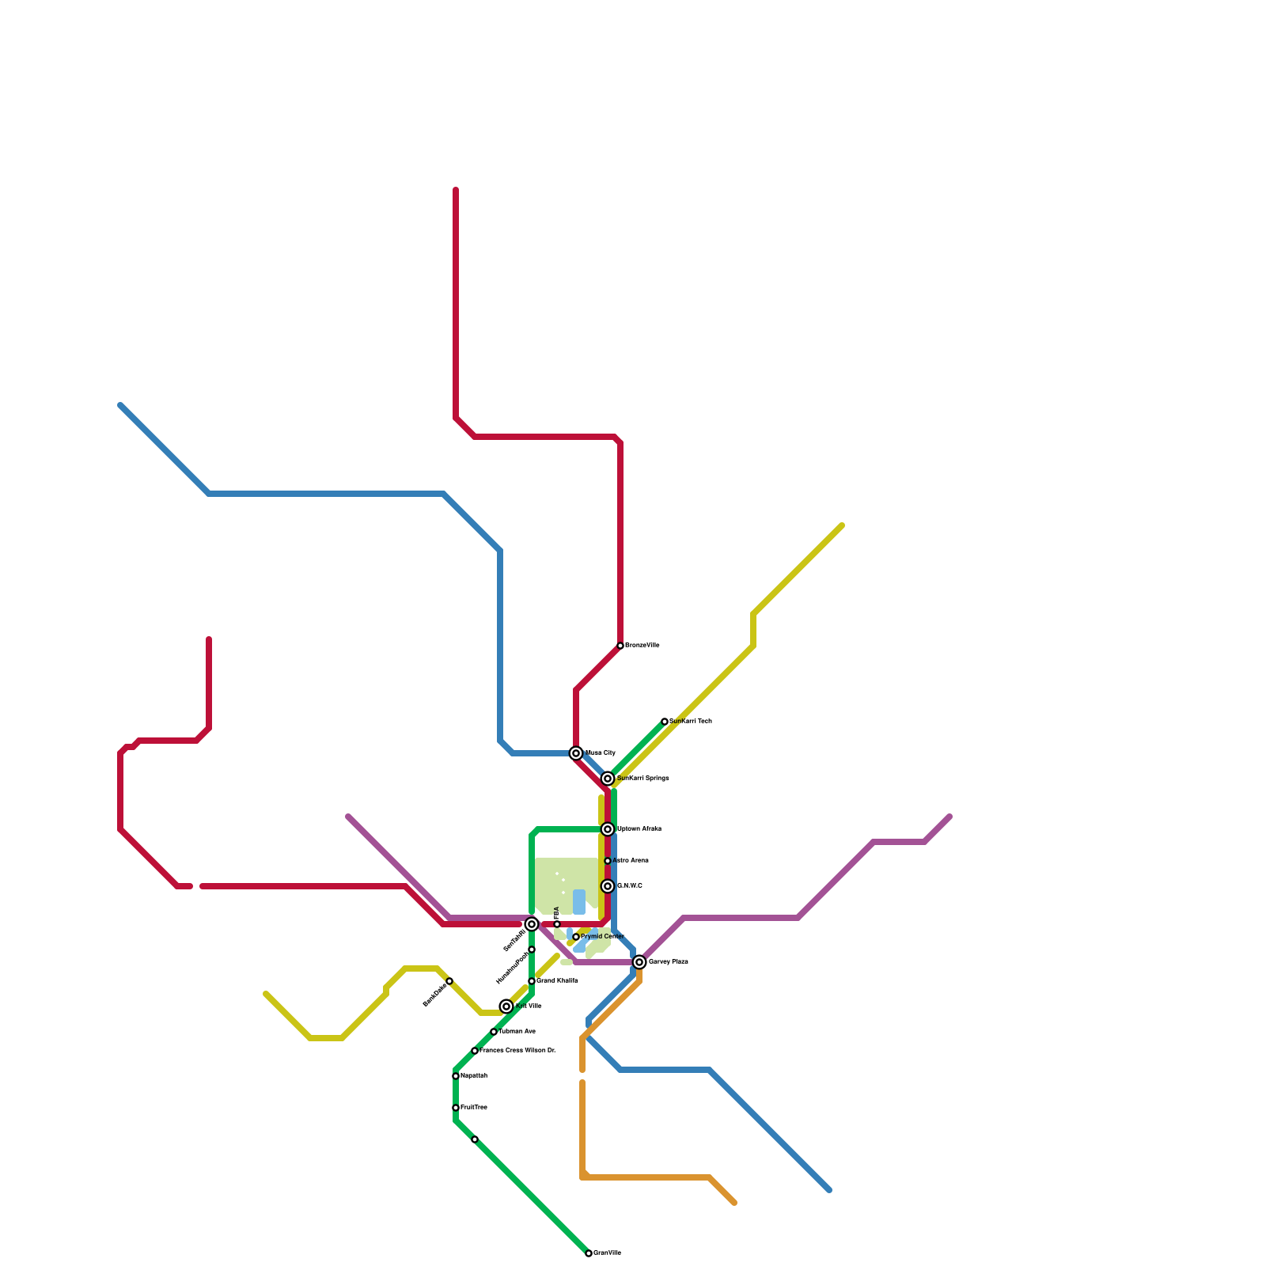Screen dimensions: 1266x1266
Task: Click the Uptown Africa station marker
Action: click(608, 829)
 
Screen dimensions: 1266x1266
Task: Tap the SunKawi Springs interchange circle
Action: click(608, 779)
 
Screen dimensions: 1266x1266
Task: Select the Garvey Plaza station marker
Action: click(639, 962)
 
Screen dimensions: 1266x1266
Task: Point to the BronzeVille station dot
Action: click(620, 646)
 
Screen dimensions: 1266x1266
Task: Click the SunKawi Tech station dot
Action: click(665, 722)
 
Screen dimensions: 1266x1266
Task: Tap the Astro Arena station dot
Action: click(608, 861)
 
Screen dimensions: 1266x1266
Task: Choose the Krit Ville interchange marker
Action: click(506, 1006)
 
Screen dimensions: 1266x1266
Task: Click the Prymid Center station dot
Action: click(576, 937)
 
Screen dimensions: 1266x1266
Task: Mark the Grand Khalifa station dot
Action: click(532, 981)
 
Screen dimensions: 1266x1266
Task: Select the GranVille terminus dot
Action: click(589, 1253)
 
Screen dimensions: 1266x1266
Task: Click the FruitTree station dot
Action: click(456, 1108)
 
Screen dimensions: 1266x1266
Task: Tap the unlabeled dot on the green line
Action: click(475, 1139)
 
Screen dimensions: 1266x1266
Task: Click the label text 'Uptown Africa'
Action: click(639, 829)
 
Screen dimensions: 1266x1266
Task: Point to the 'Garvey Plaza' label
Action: click(668, 962)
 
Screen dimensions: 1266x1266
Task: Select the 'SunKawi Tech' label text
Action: click(691, 722)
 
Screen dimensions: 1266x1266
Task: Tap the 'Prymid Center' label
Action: click(602, 937)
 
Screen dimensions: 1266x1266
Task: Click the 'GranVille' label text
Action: click(607, 1253)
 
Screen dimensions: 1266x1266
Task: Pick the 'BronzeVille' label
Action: click(642, 646)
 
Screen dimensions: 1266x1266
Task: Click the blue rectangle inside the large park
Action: click(579, 902)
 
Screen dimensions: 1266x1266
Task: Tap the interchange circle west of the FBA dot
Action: click(532, 924)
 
